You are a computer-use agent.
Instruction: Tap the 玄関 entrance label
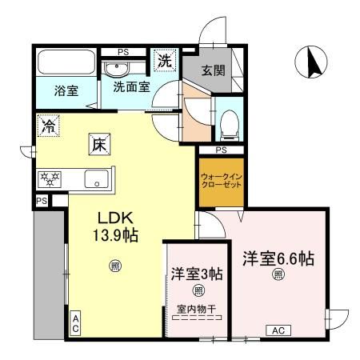tap(212, 70)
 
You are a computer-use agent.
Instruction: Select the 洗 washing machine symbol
tap(164, 60)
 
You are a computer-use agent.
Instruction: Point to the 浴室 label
tap(66, 90)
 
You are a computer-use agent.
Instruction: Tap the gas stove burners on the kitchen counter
tap(49, 177)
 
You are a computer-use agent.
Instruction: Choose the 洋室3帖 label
tap(195, 273)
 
